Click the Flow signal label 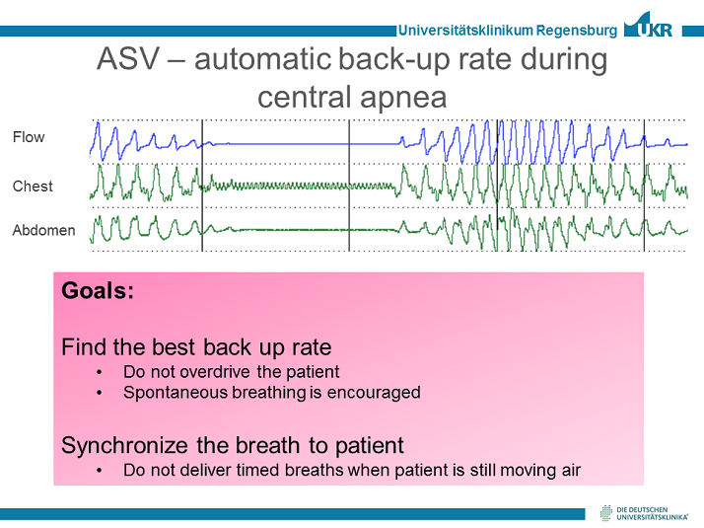29,137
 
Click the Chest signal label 33,186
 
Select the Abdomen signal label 43,230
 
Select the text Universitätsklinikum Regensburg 508,31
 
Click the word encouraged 376,392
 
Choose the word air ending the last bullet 568,470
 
